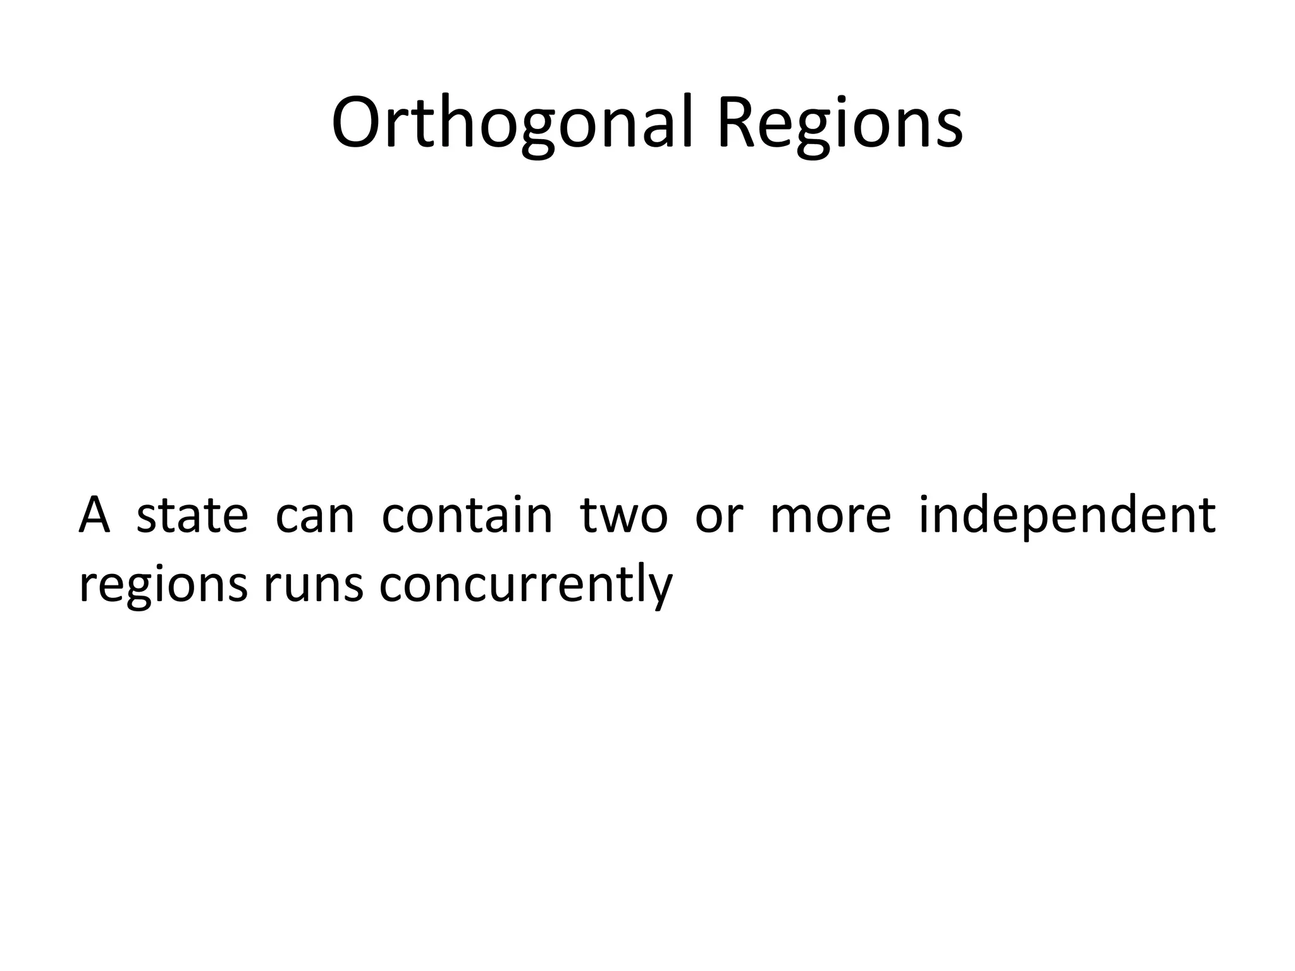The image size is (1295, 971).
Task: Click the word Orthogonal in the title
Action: (514, 123)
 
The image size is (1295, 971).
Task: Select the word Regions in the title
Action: (839, 123)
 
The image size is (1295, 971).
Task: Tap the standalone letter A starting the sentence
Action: (94, 515)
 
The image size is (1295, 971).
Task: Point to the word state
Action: (192, 515)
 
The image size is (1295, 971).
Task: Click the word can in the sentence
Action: (315, 515)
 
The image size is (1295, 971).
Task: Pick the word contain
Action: (467, 515)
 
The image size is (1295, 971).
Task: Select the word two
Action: (623, 515)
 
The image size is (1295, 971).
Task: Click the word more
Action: (830, 515)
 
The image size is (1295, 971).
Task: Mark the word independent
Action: (1067, 515)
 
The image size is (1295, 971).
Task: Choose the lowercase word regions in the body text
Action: (163, 585)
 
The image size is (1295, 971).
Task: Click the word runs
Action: (314, 585)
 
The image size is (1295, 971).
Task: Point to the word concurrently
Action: (525, 585)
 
